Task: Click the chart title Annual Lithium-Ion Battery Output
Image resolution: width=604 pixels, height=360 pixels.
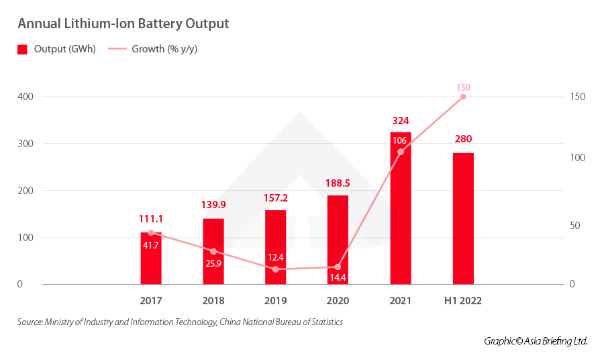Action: [x=123, y=24]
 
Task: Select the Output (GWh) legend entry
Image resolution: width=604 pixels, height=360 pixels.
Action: [x=57, y=49]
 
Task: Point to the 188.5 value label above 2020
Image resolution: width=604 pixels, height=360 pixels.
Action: [x=338, y=182]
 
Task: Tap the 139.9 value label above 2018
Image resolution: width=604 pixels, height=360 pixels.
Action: [x=213, y=205]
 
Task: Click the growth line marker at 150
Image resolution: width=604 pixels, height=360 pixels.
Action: [x=463, y=97]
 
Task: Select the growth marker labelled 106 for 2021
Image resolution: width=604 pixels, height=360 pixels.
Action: [x=401, y=152]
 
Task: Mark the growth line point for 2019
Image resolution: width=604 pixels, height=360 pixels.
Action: [x=276, y=269]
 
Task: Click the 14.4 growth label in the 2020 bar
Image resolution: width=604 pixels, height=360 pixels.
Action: [x=338, y=276]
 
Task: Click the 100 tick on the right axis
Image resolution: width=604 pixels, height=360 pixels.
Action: [x=577, y=159]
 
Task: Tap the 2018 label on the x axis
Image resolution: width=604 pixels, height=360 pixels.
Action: [x=213, y=301]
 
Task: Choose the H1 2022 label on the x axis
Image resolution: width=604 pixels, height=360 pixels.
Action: [x=463, y=301]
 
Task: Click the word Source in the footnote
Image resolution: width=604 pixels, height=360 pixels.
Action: [x=30, y=322]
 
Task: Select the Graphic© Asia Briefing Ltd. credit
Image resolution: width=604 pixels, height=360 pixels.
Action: [x=536, y=341]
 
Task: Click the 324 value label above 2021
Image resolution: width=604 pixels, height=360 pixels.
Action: [x=401, y=121]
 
